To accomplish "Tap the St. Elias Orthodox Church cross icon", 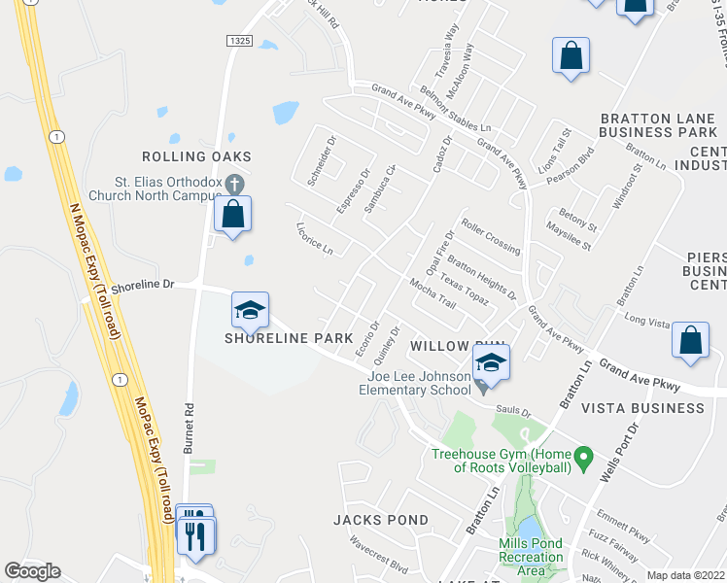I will (x=234, y=183).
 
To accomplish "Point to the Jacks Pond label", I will (x=380, y=520).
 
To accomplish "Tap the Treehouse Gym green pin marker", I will (x=583, y=455).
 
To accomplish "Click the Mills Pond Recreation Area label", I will (x=531, y=557).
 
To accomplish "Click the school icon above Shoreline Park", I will (x=250, y=311).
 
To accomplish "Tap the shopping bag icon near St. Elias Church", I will (x=233, y=214).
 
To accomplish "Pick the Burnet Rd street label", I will (x=190, y=433).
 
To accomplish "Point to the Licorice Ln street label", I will (x=314, y=238).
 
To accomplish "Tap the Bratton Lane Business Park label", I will (x=658, y=125).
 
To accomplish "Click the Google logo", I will (x=32, y=571).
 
